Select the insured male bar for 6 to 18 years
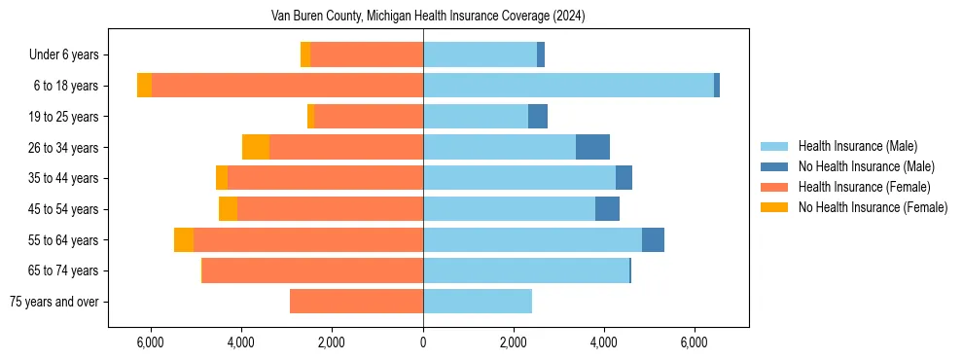(x=568, y=86)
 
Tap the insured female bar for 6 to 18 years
(x=287, y=86)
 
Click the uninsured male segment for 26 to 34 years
(x=592, y=147)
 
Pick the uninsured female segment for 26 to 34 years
(x=256, y=147)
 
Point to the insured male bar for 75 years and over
(x=478, y=302)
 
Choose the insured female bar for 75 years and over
(x=356, y=302)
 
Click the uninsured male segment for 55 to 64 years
(x=653, y=239)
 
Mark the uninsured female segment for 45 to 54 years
(x=228, y=209)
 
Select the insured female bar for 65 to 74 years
(x=312, y=270)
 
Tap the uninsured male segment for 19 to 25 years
(x=538, y=117)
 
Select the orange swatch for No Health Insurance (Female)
(x=775, y=207)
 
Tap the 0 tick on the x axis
(x=423, y=343)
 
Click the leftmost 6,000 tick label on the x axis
(x=151, y=343)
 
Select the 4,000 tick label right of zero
(x=604, y=343)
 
